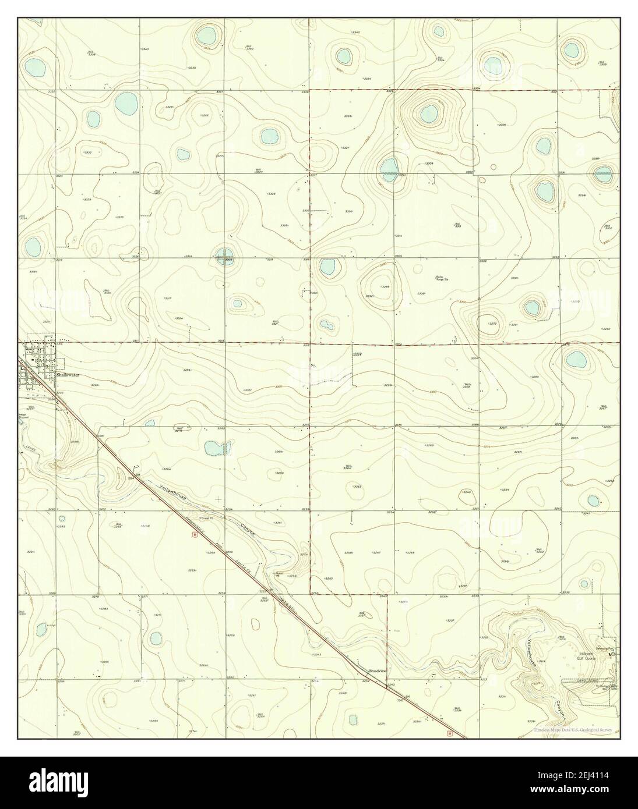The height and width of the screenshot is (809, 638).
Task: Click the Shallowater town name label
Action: (68, 375)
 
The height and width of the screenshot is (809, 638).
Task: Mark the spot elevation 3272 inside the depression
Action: (492, 324)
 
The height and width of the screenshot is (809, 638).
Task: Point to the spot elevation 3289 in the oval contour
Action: (385, 287)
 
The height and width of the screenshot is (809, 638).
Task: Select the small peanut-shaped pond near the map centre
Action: (326, 325)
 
